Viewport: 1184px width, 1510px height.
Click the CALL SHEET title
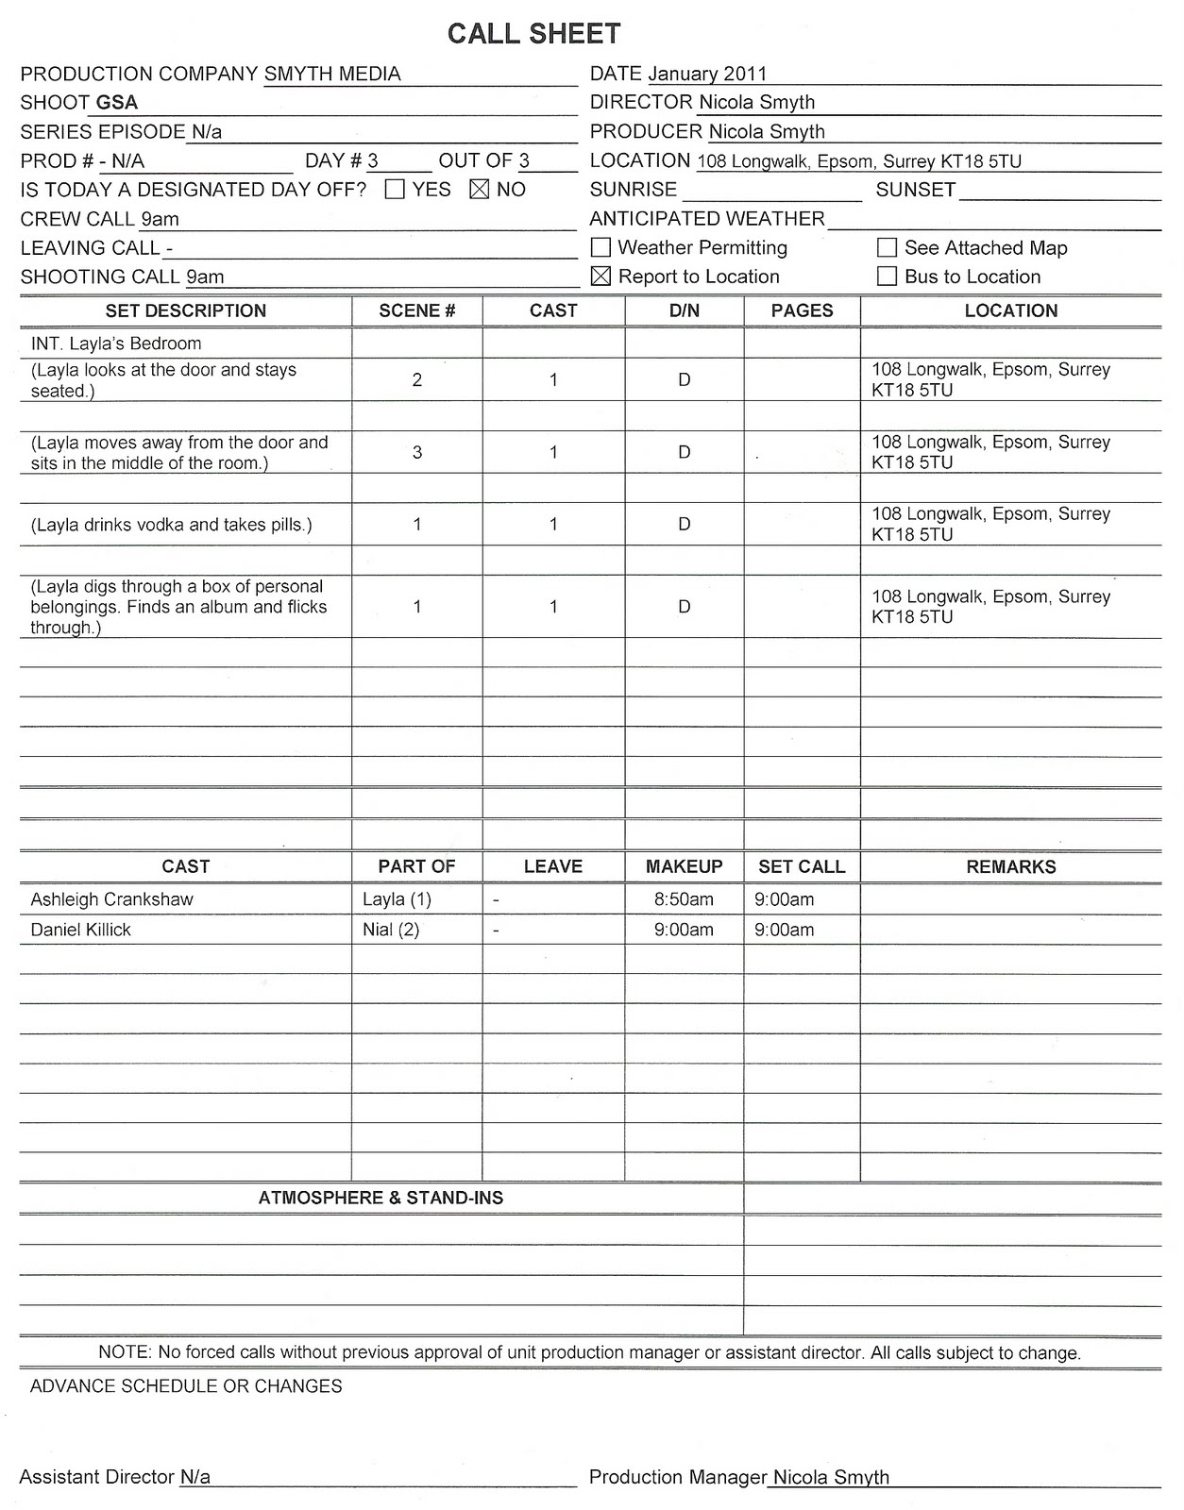click(533, 34)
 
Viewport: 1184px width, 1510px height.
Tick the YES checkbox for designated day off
click(396, 190)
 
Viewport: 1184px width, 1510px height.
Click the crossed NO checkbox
click(480, 190)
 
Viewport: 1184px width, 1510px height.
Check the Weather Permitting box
click(600, 248)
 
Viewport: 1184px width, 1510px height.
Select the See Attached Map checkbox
click(887, 248)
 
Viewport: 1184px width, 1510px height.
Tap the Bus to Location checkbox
click(887, 277)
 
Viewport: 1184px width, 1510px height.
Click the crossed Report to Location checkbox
click(600, 277)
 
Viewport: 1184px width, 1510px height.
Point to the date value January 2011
click(707, 74)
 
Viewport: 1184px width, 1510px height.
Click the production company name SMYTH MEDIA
click(332, 74)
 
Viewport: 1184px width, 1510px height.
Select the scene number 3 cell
click(417, 452)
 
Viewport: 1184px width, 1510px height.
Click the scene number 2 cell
click(417, 379)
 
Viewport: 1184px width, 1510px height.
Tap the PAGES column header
click(802, 310)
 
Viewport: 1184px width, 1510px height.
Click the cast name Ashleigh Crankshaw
click(111, 899)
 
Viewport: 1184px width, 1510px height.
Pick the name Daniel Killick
click(80, 930)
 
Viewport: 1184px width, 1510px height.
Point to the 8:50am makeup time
click(684, 899)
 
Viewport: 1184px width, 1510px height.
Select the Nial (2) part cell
click(391, 930)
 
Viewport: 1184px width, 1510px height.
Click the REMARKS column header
click(1010, 866)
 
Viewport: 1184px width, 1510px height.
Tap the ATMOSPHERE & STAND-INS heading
click(381, 1198)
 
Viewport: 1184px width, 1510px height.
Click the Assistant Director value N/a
click(195, 1477)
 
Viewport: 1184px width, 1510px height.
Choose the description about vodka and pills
click(171, 525)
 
